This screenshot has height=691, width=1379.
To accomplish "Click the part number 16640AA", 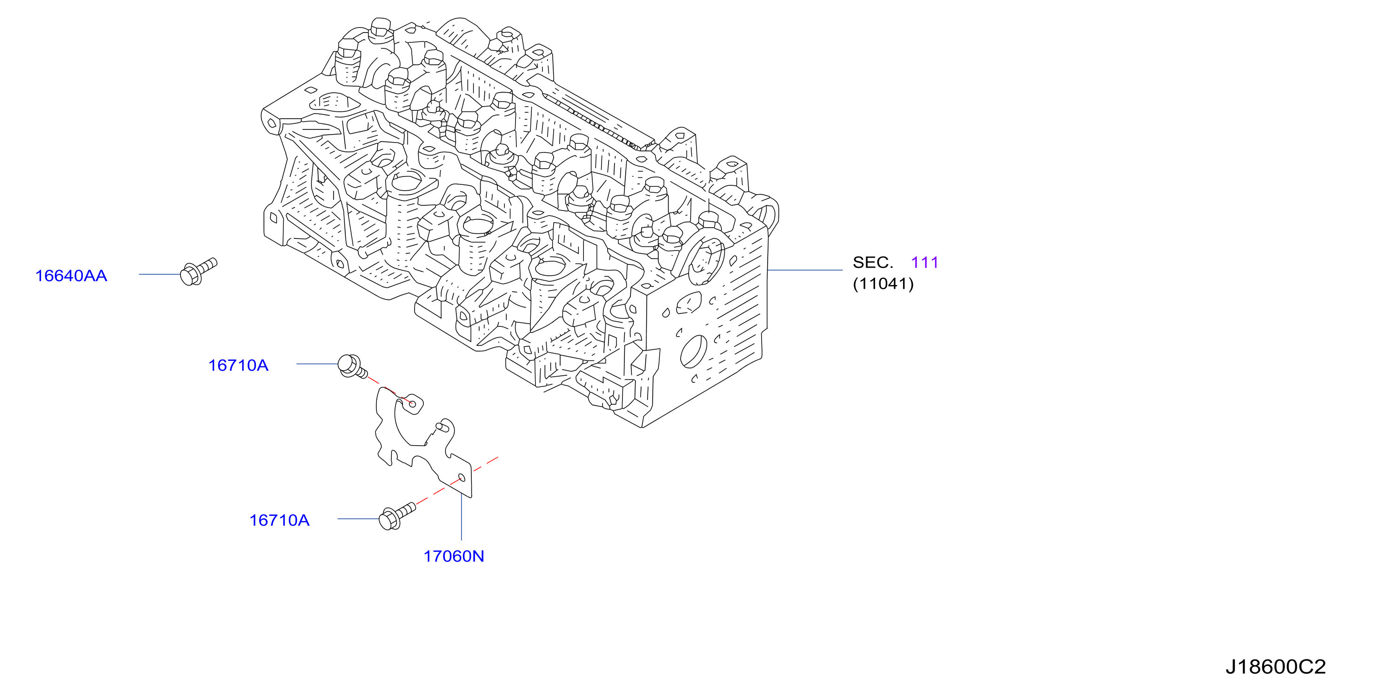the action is pyautogui.click(x=71, y=276).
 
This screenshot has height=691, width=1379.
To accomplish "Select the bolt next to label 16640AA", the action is pyautogui.click(x=199, y=271).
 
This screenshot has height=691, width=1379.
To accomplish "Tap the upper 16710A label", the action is pyautogui.click(x=238, y=366).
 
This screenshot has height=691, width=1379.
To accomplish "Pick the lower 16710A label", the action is pyautogui.click(x=280, y=520).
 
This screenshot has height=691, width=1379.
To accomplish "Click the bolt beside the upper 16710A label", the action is pyautogui.click(x=352, y=366).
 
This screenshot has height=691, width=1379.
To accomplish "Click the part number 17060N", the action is pyautogui.click(x=454, y=556).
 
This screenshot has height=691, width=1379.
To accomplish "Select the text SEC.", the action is pyautogui.click(x=873, y=263).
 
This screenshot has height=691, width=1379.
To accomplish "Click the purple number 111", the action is pyautogui.click(x=924, y=263).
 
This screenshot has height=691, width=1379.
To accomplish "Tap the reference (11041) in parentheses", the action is pyautogui.click(x=884, y=284).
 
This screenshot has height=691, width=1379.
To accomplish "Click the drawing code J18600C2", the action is pyautogui.click(x=1276, y=666).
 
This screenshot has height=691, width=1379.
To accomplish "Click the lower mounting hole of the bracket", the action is pyautogui.click(x=462, y=477).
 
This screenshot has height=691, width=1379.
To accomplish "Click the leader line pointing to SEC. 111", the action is pyautogui.click(x=804, y=270).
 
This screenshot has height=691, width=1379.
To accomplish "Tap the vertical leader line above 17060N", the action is pyautogui.click(x=462, y=517).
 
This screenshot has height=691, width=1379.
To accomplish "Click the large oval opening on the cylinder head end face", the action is pyautogui.click(x=694, y=352).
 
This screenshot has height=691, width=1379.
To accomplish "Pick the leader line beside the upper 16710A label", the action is pyautogui.click(x=317, y=364).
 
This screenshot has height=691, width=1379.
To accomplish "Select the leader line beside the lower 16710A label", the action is pyautogui.click(x=359, y=519).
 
